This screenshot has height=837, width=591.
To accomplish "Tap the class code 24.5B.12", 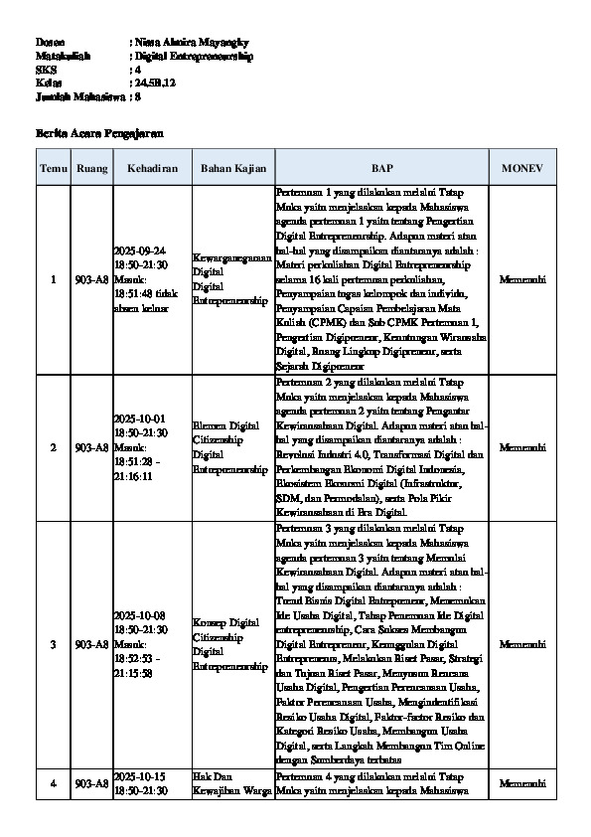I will pos(155,84).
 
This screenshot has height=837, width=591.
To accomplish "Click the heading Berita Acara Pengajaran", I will pos(98,132).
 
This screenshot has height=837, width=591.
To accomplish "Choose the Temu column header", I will pos(53,169).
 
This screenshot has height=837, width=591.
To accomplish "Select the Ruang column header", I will pos(90,169).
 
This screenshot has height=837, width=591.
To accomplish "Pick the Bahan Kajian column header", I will pos(230,169).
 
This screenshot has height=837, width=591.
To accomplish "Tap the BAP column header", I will pos(381,169).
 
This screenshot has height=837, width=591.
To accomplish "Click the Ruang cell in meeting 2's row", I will pos(90,447).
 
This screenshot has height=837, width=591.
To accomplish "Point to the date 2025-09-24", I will pos(140,251).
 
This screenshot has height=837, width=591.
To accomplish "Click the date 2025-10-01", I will pos(140,419).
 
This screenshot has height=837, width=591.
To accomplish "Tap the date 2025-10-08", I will pos(140,616).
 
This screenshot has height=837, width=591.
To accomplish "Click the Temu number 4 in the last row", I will pos(53,783).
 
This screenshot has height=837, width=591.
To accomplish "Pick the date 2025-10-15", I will pos(140,775).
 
